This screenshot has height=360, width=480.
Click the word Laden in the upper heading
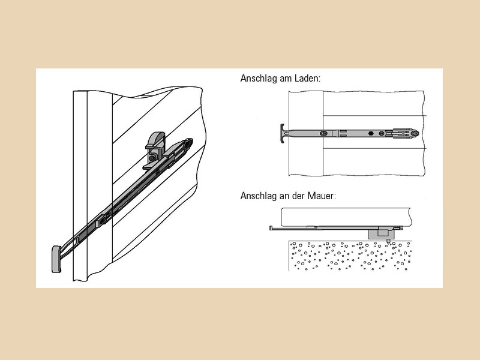click(x=307, y=79)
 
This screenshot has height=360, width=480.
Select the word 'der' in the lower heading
click(x=298, y=196)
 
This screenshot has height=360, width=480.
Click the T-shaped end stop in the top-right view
click(x=282, y=133)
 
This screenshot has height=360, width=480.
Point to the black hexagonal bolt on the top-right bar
click(x=371, y=133)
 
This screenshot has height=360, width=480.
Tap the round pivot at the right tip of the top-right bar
click(x=415, y=133)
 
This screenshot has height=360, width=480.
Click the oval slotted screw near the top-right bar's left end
click(x=323, y=133)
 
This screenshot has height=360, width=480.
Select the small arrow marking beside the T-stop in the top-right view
click(x=287, y=133)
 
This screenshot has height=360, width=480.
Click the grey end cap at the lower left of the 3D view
click(x=56, y=259)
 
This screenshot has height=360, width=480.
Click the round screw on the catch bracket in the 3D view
click(x=152, y=158)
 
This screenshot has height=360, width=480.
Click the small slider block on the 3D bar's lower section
click(x=101, y=220)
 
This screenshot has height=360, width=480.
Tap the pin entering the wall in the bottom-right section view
click(x=388, y=241)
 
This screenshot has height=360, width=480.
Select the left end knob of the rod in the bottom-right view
click(x=271, y=228)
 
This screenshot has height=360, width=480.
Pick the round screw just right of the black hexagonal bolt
click(x=381, y=133)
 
